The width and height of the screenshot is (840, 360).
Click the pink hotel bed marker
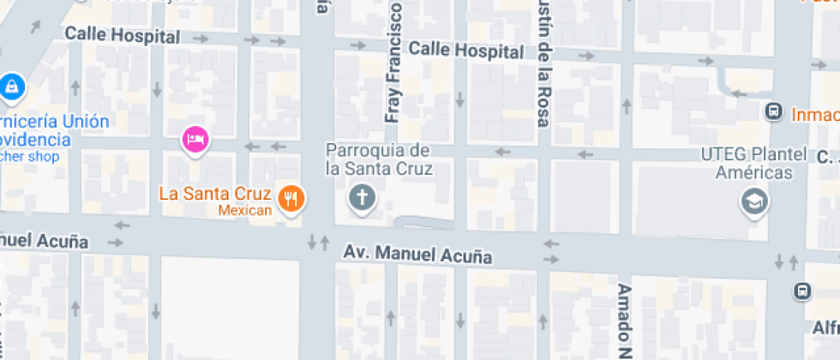[x=195, y=139]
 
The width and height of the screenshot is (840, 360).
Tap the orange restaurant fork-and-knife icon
[x=292, y=198]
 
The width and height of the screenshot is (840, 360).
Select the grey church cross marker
[x=362, y=199]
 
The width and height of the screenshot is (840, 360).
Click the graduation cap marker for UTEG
[x=754, y=202]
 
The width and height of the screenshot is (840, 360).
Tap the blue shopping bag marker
[x=13, y=86]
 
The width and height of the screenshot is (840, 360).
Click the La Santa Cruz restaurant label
[x=215, y=193]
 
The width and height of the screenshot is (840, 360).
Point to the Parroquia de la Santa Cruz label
[x=378, y=159]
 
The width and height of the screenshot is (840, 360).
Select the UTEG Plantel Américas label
[x=753, y=164]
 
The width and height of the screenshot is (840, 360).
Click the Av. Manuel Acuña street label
[x=418, y=255]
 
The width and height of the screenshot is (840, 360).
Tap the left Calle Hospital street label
[x=123, y=36]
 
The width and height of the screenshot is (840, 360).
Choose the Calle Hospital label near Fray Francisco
[x=465, y=51]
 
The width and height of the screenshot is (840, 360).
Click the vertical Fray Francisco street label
[x=394, y=69]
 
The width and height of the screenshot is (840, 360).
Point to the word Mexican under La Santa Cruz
[x=244, y=211]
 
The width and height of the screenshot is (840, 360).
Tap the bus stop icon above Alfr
[x=801, y=291]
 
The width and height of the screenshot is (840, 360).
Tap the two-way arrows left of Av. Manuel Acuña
[x=318, y=243]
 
